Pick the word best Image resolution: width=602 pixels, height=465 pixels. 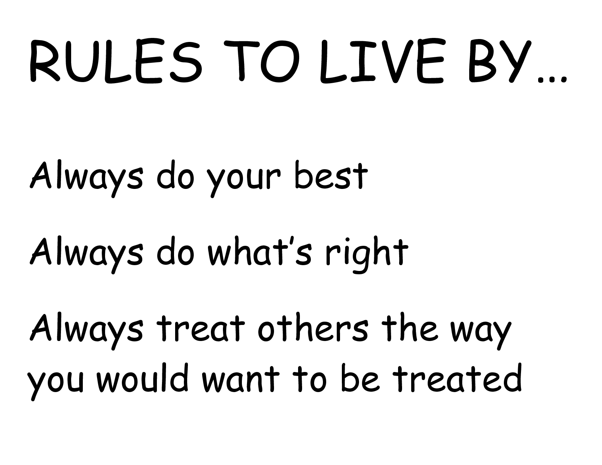pos(331,175)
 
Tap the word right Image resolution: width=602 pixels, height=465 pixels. pos(367,255)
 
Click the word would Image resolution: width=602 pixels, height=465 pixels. pos(142,378)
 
